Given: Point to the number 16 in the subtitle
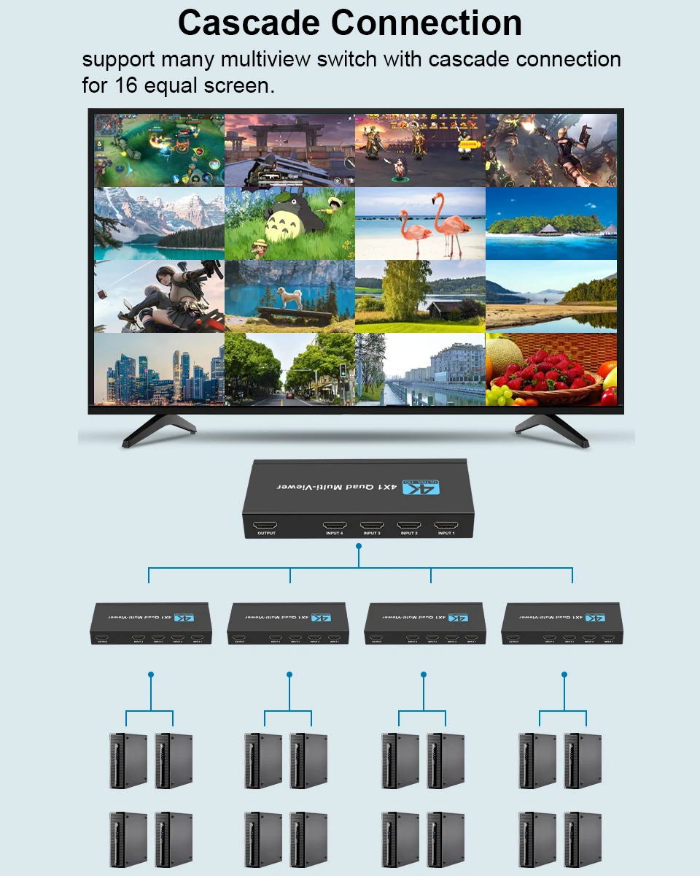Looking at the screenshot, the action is tap(124, 85).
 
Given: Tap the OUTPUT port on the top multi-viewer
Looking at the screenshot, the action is tap(266, 525).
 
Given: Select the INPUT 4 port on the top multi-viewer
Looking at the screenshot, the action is tap(335, 525).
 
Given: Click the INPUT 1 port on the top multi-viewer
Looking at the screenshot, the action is tap(446, 525).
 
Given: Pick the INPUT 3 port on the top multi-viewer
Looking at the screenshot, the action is tap(372, 525).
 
